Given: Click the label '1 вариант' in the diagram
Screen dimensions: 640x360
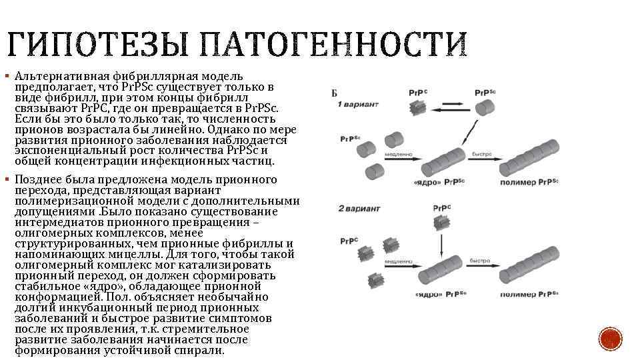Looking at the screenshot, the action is [358, 105].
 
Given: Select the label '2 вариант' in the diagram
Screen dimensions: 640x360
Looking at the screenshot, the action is [359, 209].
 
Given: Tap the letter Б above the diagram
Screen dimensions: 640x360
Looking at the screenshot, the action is [334, 93].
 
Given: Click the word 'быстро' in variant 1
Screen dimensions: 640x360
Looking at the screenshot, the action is [482, 155].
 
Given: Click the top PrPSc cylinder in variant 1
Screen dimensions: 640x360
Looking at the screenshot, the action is [483, 107].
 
